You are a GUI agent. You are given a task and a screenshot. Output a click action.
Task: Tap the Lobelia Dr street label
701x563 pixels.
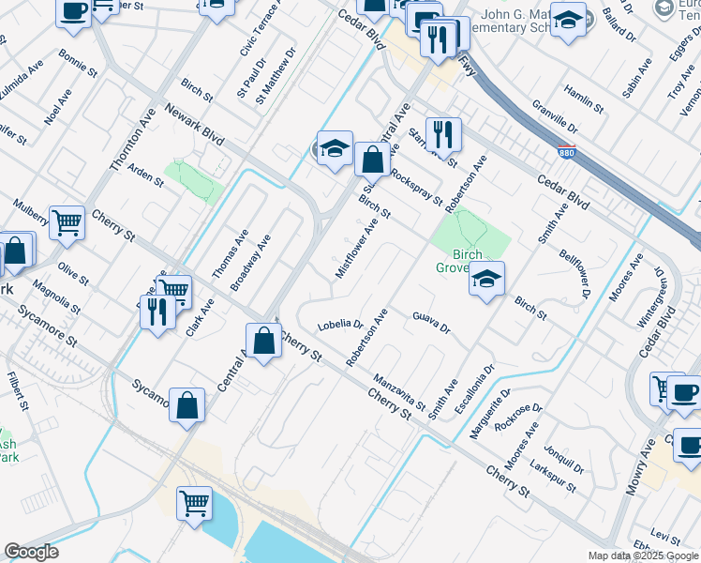(x=340, y=325)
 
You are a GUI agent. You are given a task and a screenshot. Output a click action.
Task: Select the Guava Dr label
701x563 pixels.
(x=431, y=323)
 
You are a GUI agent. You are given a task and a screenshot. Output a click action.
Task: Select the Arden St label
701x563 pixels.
(x=145, y=175)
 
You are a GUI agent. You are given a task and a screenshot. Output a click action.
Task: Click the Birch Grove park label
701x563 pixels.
(x=460, y=261)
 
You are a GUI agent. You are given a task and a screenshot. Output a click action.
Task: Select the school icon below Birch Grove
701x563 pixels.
(x=486, y=279)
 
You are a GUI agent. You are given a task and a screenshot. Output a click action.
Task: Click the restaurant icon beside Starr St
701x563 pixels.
(x=443, y=134)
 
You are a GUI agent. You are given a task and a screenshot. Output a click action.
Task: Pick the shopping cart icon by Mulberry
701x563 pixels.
(x=67, y=223)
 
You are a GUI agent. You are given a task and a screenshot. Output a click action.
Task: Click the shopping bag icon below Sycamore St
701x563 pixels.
(x=187, y=406)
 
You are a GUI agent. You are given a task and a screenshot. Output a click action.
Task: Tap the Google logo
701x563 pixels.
(x=31, y=552)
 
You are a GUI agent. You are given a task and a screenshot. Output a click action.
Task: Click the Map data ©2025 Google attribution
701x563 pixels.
(x=643, y=555)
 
